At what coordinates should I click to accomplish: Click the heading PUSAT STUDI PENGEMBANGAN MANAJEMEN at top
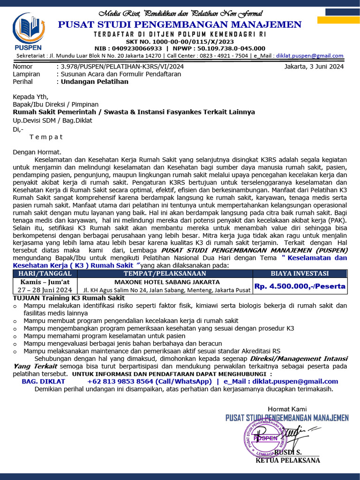(180, 25)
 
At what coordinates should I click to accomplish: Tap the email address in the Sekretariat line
(309, 56)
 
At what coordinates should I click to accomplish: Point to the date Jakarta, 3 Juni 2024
(314, 67)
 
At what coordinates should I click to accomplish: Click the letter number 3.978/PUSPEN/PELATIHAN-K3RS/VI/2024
(120, 67)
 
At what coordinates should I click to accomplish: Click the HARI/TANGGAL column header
(45, 274)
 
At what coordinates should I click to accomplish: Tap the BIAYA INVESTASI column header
(300, 274)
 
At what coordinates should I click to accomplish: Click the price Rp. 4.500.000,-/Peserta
(300, 286)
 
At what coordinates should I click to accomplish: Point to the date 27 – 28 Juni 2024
(45, 290)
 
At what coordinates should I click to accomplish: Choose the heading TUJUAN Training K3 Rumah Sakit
(68, 298)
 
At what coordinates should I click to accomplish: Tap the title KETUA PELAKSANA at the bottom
(287, 460)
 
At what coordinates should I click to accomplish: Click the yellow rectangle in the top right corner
(338, 20)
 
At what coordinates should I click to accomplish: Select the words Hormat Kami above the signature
(287, 409)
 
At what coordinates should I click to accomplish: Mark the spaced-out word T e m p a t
(46, 137)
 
